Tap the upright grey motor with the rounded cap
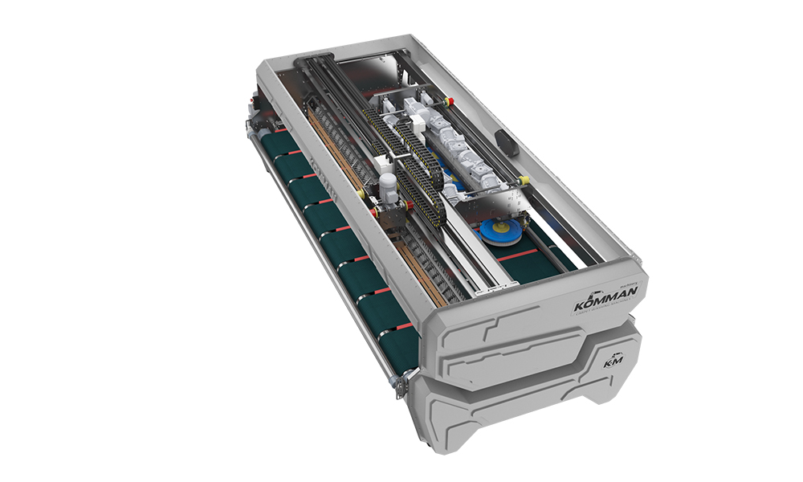pos(386,187)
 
